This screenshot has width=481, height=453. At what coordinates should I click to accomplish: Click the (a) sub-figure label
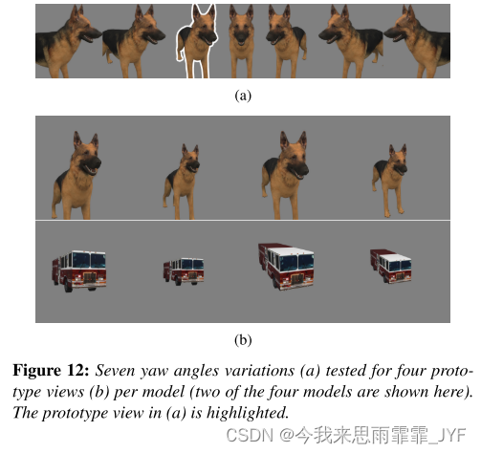pos(243,96)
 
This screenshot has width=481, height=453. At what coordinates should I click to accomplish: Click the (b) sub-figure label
pos(243,340)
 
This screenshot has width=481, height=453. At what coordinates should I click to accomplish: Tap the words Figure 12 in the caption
pos(51,371)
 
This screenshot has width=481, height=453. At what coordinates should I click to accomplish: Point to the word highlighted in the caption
pos(248,413)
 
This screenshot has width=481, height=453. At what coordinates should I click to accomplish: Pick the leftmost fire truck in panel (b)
pos(79,270)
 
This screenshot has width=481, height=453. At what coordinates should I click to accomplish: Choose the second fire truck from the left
pos(184,271)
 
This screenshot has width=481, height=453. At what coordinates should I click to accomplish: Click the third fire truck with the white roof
pos(286,267)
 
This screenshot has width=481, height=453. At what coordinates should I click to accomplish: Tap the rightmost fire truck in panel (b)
pos(391,266)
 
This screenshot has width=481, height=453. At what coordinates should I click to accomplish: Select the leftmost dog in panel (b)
pos(77,176)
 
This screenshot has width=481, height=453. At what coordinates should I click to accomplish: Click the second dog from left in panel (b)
pos(182,183)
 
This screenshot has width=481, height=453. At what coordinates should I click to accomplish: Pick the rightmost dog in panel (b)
pos(390,181)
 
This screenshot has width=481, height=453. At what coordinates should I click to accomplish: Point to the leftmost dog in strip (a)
pos(68,42)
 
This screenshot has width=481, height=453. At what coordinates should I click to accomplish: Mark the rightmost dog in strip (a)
pos(417,42)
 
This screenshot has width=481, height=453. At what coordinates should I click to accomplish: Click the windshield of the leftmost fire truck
pos(89,261)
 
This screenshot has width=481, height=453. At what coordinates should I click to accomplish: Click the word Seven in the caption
pos(115,371)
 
